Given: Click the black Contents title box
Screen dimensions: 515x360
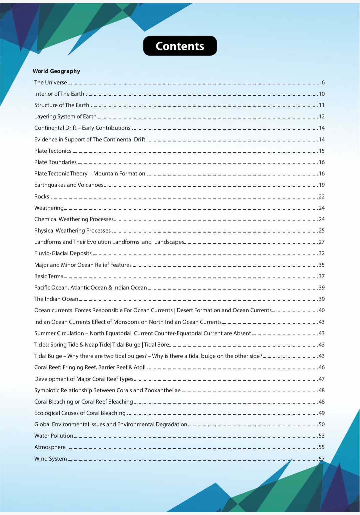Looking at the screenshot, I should (180, 46).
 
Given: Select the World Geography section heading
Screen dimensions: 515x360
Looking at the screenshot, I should (56, 71).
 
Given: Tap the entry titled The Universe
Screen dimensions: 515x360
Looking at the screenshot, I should (51, 82).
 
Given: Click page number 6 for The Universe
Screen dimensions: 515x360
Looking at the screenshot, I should (323, 82).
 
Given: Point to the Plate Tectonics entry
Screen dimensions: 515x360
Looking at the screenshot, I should (53, 151).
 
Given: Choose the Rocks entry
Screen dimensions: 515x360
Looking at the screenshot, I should (42, 196).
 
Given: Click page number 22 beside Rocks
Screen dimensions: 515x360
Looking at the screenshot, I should (322, 196).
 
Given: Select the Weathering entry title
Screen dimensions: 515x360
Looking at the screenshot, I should (49, 208).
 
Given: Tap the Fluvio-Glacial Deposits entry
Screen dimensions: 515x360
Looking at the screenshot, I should (63, 253).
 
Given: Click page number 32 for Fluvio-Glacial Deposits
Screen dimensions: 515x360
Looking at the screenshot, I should (322, 253).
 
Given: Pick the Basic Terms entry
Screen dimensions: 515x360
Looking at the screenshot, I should (49, 276).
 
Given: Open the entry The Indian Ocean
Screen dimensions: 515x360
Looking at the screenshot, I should (56, 299).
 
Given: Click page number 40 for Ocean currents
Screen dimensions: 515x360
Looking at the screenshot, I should (322, 310).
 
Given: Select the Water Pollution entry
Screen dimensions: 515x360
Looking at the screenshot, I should (54, 436).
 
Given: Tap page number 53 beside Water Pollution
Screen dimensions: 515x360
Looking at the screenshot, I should (322, 436).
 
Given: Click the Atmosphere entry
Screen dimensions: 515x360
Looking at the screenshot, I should (50, 447).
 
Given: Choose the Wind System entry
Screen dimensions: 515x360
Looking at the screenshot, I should (51, 459).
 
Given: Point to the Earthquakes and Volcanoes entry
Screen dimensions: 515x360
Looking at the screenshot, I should (69, 185).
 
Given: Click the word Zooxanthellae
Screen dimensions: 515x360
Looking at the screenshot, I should (162, 390).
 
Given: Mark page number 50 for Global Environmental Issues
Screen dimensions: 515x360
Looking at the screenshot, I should (322, 424).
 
